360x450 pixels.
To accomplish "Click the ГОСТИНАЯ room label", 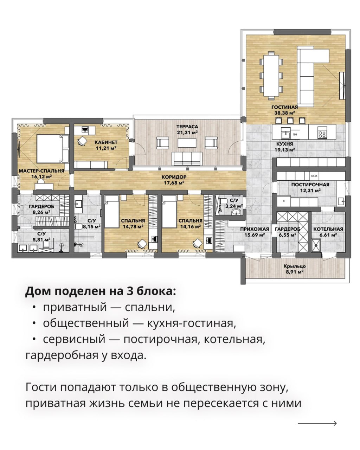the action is (x=284, y=107).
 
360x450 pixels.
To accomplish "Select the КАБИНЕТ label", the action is (x=106, y=142).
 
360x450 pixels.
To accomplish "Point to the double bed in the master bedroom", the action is (x=52, y=149).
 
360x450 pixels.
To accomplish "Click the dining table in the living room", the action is (x=271, y=75).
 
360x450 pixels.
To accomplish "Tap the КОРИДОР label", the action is (x=174, y=177).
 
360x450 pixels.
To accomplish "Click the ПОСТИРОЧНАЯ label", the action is (x=310, y=185).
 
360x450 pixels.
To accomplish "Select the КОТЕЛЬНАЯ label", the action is (x=328, y=229).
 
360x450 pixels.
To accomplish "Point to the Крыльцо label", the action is (x=295, y=266).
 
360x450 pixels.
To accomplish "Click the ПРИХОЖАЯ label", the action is (x=255, y=229).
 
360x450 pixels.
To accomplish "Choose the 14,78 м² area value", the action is (x=133, y=226).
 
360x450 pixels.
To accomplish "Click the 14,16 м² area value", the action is (x=190, y=226).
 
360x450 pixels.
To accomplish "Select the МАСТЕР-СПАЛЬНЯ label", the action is (x=41, y=171).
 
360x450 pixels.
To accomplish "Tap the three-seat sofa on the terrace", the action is (x=187, y=159).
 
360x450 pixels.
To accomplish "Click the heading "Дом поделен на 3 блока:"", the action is (x=101, y=291).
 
